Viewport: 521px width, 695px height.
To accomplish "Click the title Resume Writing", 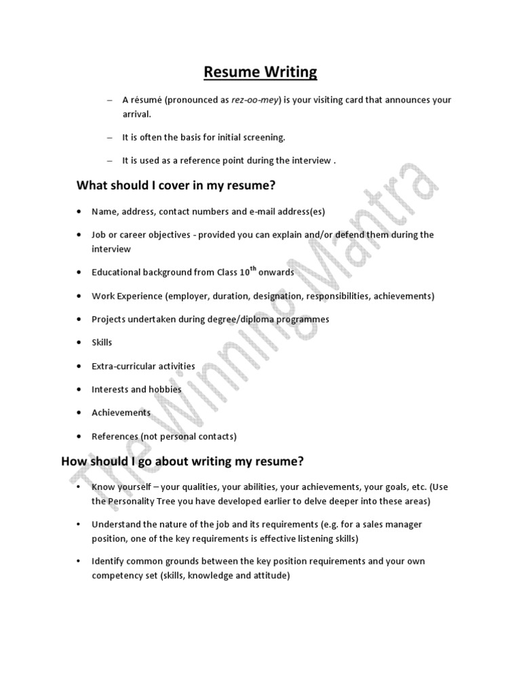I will pos(260,71).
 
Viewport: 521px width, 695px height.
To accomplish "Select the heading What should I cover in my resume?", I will pos(176,185).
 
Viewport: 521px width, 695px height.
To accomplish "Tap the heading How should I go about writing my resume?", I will pos(182,462).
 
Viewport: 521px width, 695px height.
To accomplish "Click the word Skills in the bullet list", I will pos(102,343).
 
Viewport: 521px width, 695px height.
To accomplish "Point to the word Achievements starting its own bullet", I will pos(121,413).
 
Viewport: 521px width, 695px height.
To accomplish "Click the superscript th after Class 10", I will pos(254,269).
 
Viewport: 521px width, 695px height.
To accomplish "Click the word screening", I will pos(265,137).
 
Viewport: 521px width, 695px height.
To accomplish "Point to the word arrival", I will pos(136,114).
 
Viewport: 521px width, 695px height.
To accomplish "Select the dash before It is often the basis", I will pos(109,137).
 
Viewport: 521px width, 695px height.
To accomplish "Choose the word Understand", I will pos(115,525).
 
